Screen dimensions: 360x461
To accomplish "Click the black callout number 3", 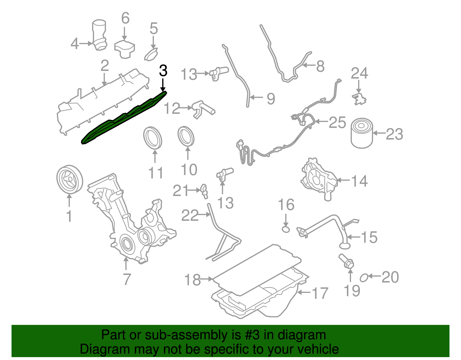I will coord(163,71).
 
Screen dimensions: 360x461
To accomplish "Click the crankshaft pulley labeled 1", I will coord(69,180).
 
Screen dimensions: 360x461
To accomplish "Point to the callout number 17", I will coord(320,293).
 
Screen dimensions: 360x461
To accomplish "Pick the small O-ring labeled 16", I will coord(285,229).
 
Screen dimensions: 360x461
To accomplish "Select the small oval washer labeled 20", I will coord(364,278).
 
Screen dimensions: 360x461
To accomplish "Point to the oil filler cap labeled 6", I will coord(124,49).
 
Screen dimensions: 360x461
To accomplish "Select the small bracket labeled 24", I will coord(359,99).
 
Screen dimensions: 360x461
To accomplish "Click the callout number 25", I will coord(337,122).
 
